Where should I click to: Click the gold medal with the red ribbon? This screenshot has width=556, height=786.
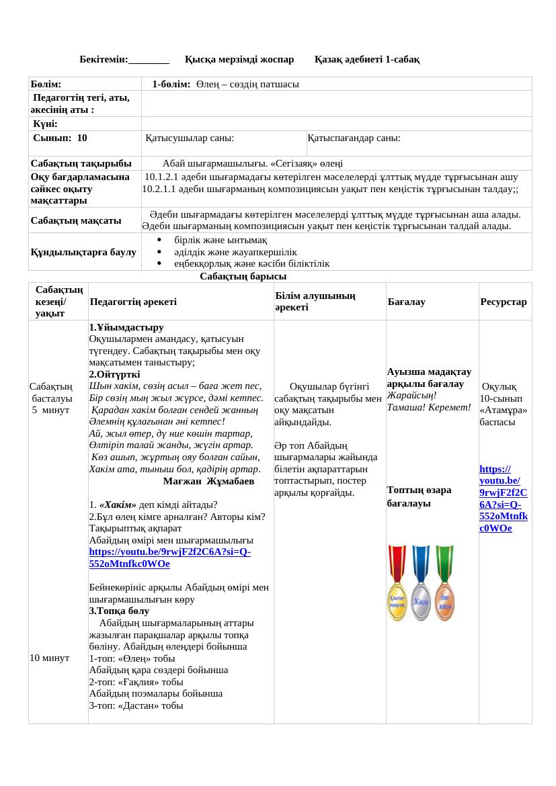[x=398, y=583]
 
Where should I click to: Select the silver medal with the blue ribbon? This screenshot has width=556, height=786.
[x=421, y=583]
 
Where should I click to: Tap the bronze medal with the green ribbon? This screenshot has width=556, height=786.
[x=444, y=583]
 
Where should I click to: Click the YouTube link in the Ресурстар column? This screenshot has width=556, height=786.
[x=503, y=498]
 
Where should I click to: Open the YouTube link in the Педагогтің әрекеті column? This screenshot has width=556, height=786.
[x=169, y=558]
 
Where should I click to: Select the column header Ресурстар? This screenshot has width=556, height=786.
[x=504, y=302]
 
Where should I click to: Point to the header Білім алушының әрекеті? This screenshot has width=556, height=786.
[x=315, y=301]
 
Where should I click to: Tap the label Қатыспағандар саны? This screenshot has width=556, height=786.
[x=354, y=138]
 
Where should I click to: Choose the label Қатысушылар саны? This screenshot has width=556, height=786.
[x=190, y=138]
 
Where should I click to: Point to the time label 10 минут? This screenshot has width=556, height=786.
[x=49, y=658]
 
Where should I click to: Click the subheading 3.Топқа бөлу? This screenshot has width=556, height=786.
[x=119, y=611]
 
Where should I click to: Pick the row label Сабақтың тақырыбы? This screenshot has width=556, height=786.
[x=81, y=163]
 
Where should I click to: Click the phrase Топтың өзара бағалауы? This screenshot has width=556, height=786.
[x=419, y=496]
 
